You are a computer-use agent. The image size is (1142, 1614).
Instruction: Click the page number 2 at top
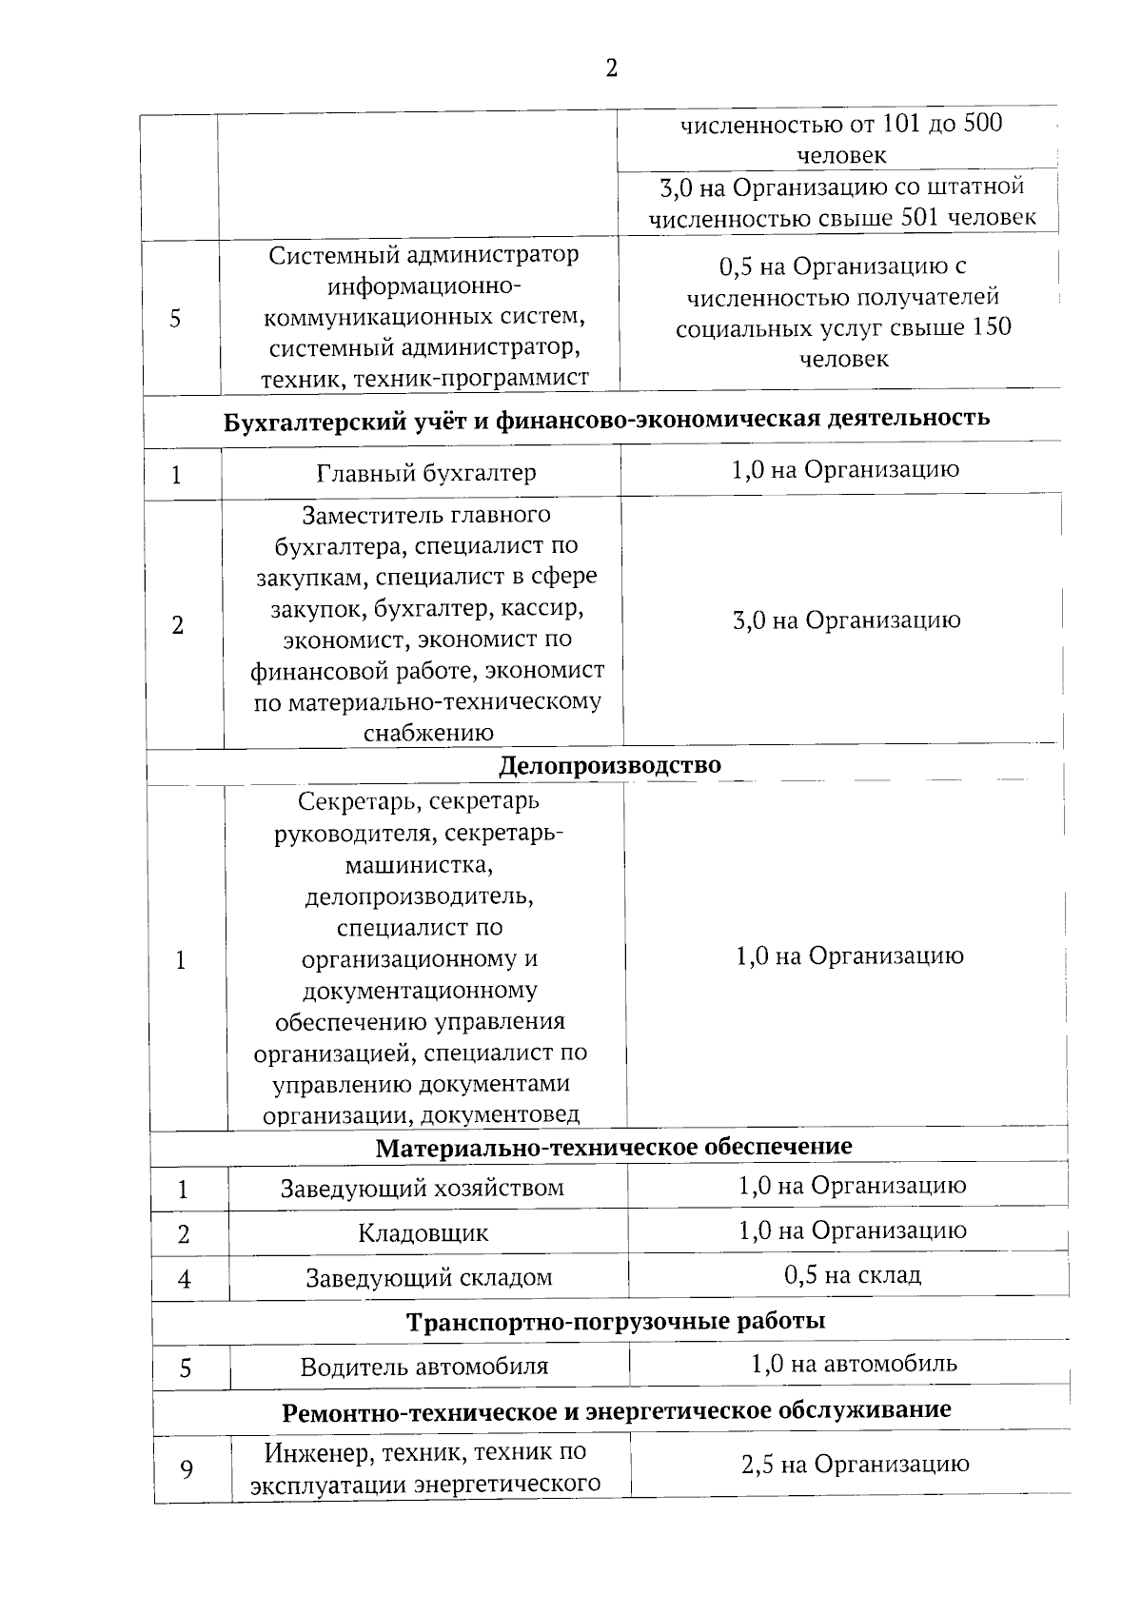tap(611, 68)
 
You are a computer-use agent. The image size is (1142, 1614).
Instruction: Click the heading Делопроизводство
tap(610, 765)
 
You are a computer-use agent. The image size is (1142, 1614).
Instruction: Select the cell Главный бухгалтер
tap(426, 473)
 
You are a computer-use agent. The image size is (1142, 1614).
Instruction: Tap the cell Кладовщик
tap(423, 1233)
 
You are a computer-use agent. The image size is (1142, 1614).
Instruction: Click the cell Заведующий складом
tap(428, 1278)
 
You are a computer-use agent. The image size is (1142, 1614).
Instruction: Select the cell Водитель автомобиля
tap(424, 1368)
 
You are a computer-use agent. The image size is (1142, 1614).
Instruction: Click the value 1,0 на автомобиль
tap(854, 1364)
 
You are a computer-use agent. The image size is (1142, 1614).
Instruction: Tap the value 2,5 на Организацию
tap(855, 1464)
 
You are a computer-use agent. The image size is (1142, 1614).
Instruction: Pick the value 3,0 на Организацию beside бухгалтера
tap(846, 620)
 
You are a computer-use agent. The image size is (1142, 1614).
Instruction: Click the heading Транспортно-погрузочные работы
tap(615, 1322)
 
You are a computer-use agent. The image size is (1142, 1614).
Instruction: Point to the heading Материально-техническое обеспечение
tap(614, 1147)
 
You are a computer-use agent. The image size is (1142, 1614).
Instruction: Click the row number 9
tap(187, 1470)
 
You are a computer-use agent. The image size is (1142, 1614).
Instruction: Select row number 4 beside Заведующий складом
tap(185, 1280)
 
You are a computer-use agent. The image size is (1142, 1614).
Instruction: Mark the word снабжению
tap(428, 733)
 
